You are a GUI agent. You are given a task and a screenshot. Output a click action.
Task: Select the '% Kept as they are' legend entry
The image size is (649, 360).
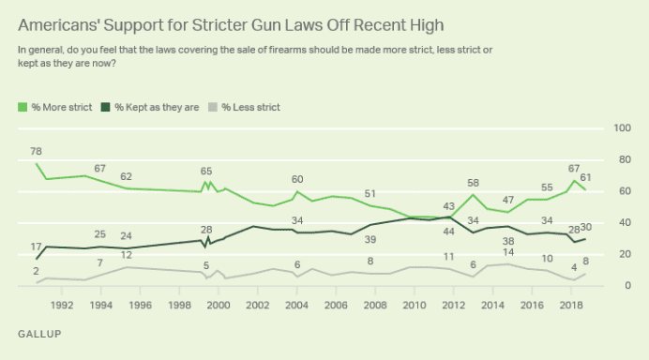(155, 107)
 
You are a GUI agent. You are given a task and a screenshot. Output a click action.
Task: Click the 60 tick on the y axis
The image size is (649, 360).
(623, 191)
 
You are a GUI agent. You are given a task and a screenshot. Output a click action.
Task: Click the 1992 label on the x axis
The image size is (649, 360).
(62, 304)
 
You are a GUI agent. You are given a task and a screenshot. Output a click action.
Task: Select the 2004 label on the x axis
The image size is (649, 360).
(296, 304)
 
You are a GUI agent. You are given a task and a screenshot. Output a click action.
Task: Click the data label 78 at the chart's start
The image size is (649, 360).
(36, 152)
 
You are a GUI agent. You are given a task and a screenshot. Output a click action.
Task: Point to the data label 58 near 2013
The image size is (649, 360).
(475, 183)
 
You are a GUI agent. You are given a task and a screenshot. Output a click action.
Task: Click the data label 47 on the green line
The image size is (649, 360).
(507, 200)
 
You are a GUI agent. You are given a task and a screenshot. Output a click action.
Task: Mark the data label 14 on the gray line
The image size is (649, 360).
(508, 253)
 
